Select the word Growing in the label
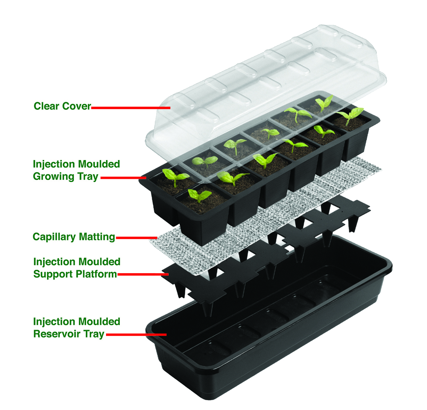point(53,177)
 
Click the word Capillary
point(54,237)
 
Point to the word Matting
point(97,237)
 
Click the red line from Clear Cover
point(131,108)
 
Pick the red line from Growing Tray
point(123,178)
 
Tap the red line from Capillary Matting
point(137,238)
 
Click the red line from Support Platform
point(143,274)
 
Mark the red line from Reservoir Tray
point(136,335)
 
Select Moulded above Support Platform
point(99,262)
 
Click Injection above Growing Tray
point(54,164)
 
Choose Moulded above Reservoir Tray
point(99,322)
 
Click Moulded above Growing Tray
point(99,164)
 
